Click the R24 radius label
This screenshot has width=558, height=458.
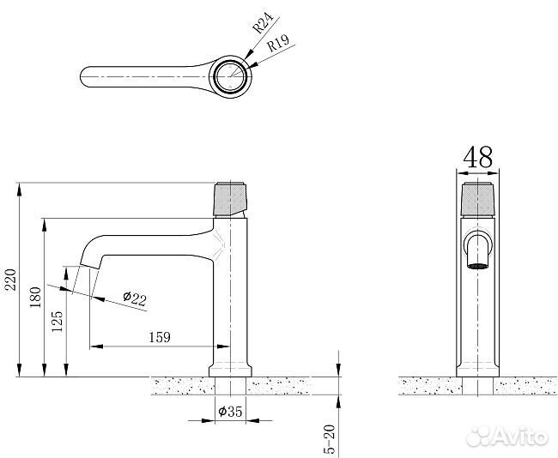[263, 23]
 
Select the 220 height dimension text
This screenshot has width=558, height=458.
[10, 280]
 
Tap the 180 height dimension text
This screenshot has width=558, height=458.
[35, 298]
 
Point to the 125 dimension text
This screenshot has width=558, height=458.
[57, 322]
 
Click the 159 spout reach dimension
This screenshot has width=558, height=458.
[160, 337]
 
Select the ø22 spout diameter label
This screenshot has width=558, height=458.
[135, 298]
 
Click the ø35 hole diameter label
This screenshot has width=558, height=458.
[230, 412]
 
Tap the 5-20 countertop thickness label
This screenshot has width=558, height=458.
[331, 439]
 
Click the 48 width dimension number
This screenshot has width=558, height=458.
[478, 157]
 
